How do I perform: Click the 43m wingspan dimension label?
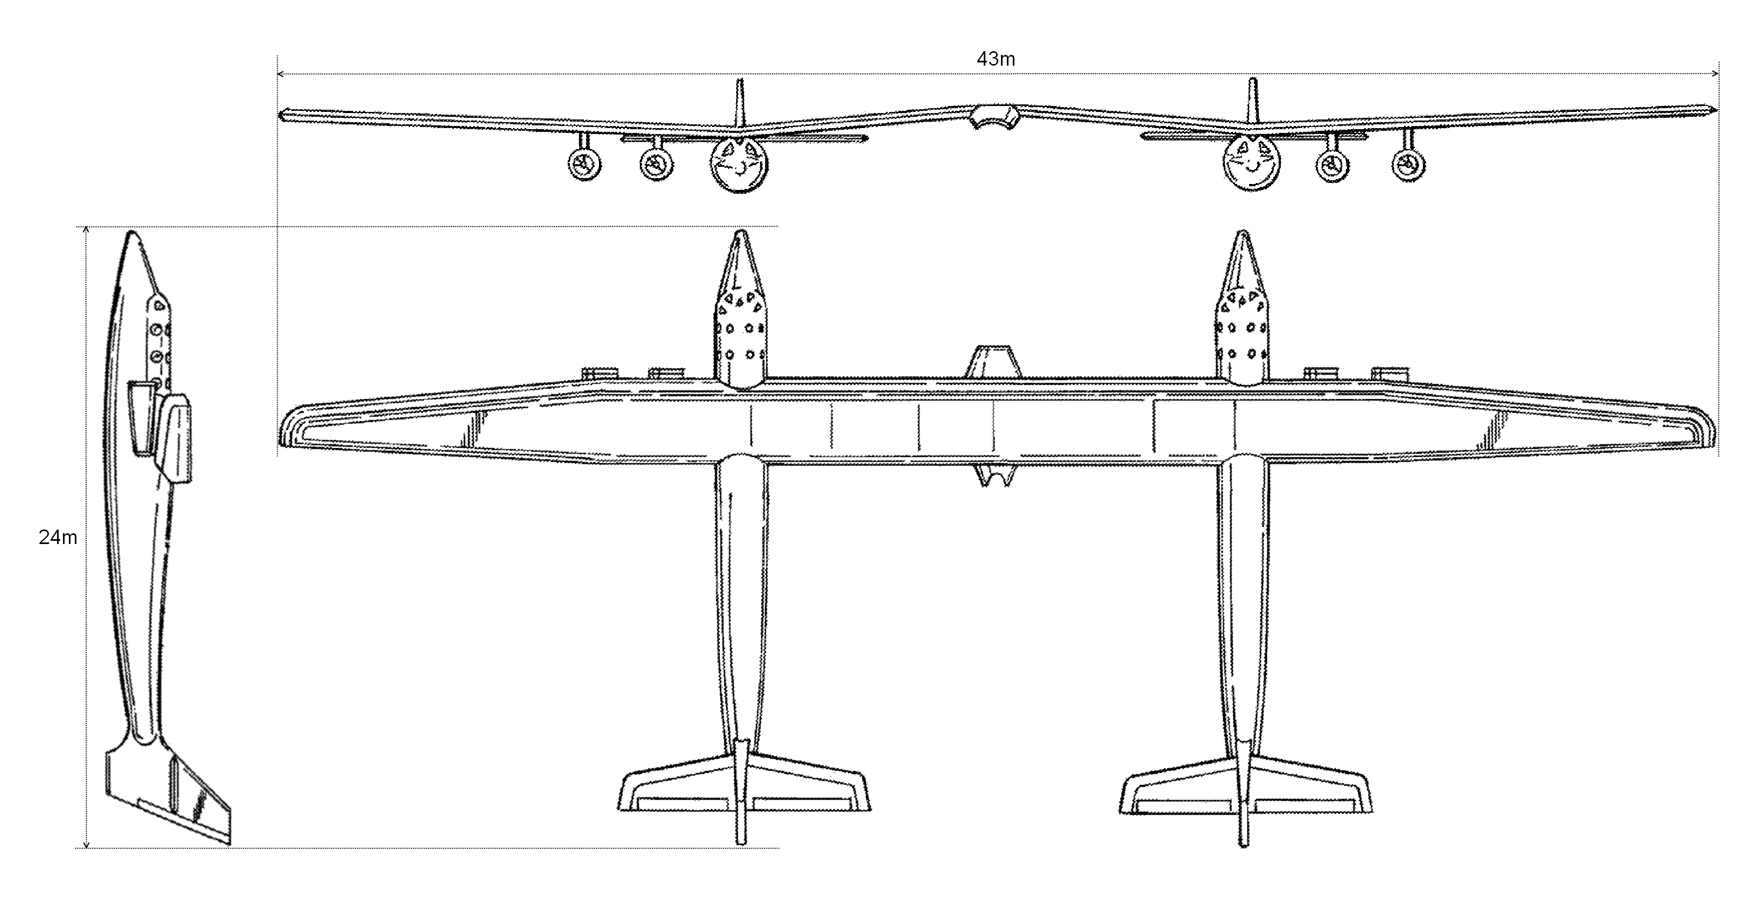click(996, 60)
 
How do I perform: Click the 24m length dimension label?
click(58, 538)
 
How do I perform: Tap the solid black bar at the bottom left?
click(246, 863)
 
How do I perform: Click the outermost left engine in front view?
click(584, 164)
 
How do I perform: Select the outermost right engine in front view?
click(1408, 164)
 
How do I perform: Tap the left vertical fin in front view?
click(739, 102)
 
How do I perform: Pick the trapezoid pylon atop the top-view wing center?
click(993, 362)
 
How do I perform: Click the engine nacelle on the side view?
click(175, 438)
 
